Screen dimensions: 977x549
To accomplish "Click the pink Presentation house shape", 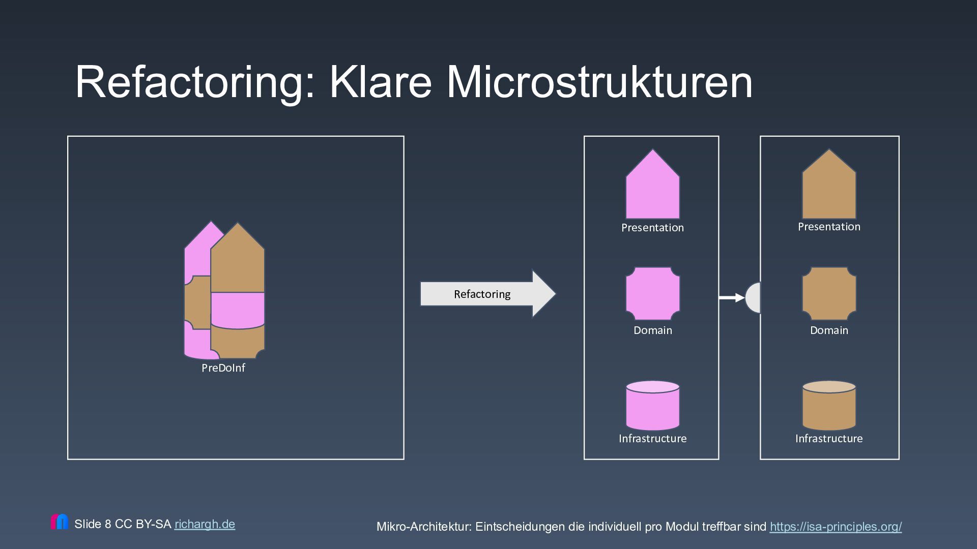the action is tap(652, 188).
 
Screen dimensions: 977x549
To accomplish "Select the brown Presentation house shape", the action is tap(829, 188).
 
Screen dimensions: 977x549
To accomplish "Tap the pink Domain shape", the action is tap(652, 294).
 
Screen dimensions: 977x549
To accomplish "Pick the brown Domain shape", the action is tap(829, 294).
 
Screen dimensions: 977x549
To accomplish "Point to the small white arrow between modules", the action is tap(732, 298).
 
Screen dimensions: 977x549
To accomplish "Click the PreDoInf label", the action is tap(223, 368).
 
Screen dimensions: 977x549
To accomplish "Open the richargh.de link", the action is tap(205, 524).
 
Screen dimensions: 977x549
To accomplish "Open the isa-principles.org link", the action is tap(836, 527).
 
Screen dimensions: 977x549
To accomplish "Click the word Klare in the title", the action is tap(381, 82).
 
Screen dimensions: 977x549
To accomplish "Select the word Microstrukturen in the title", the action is tap(599, 82).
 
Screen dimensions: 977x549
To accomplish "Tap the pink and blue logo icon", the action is tap(60, 522).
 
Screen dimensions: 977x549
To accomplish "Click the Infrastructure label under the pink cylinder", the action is tap(652, 439).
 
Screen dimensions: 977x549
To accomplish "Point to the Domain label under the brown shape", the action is tap(829, 330).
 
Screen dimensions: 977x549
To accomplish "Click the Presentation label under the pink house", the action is tap(652, 228).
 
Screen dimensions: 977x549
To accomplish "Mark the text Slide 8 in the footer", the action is tap(93, 524).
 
